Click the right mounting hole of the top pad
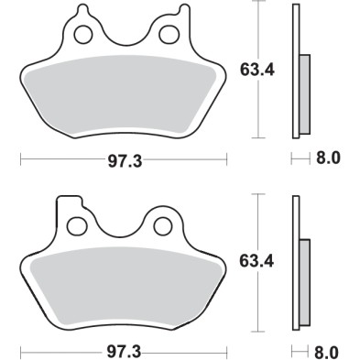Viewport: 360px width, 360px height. tap(168, 36)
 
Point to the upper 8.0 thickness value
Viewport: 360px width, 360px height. tap(328, 158)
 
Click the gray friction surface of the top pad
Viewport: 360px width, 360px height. tap(123, 96)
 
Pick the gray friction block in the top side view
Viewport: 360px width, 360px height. tap(305, 92)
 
